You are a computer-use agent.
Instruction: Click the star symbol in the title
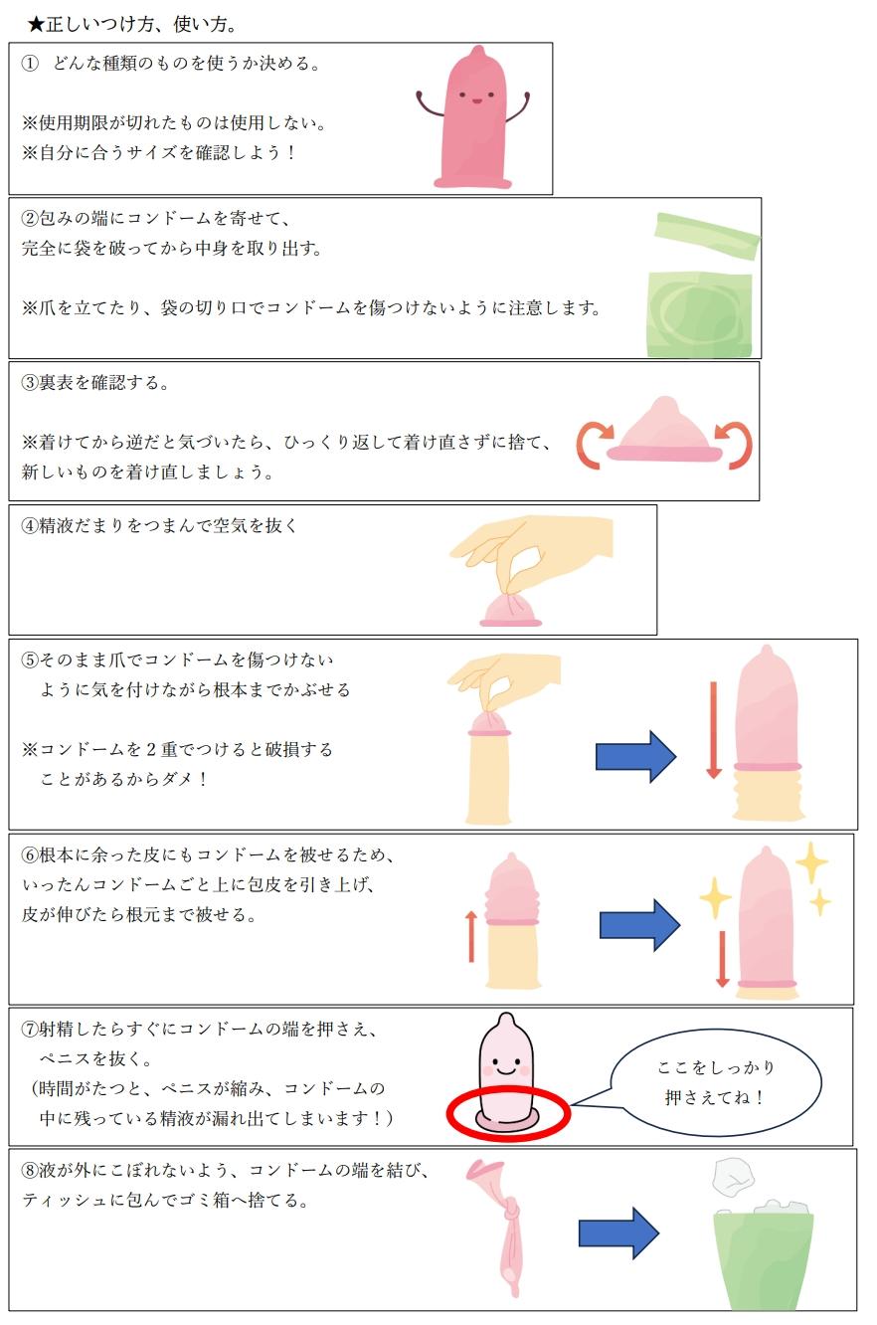pos(37,23)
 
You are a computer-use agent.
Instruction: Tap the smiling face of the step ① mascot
pos(474,98)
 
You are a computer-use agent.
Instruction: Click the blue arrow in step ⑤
pos(635,756)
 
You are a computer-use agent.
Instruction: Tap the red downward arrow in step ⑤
pos(713,730)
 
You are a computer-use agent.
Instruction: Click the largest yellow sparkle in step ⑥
pos(811,862)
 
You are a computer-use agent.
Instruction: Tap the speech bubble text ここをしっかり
pos(716,1067)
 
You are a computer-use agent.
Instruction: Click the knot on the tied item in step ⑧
pos(512,1213)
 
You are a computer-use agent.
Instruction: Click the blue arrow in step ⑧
pos(618,1233)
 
